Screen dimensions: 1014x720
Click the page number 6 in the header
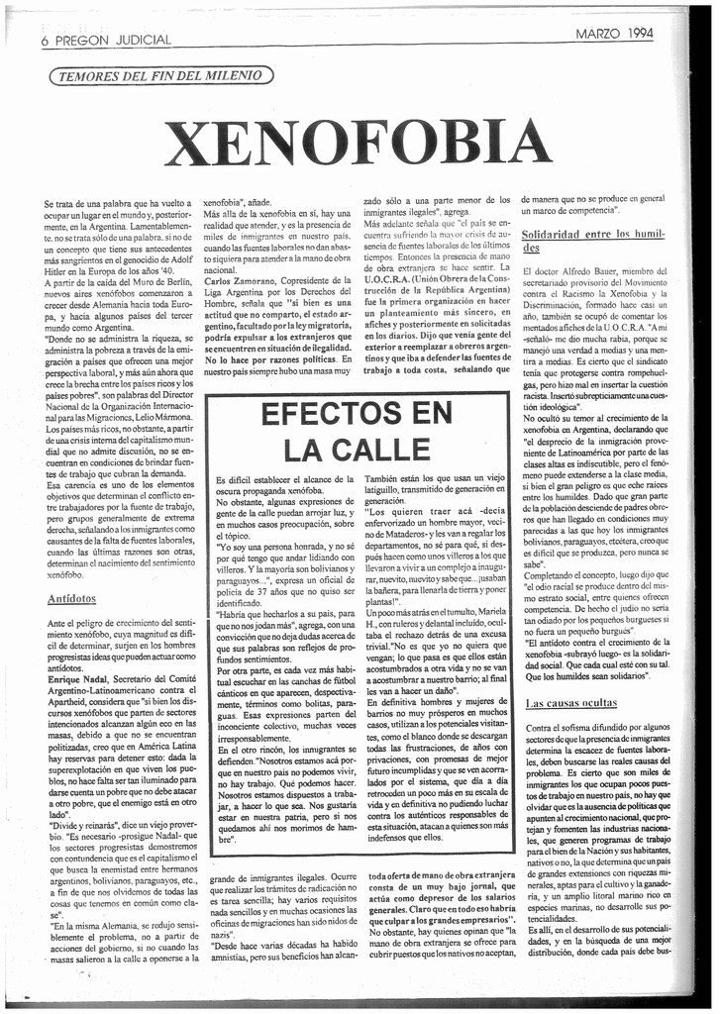(46, 42)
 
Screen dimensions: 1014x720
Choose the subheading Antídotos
(71, 599)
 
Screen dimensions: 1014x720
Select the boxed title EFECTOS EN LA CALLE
(355, 432)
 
